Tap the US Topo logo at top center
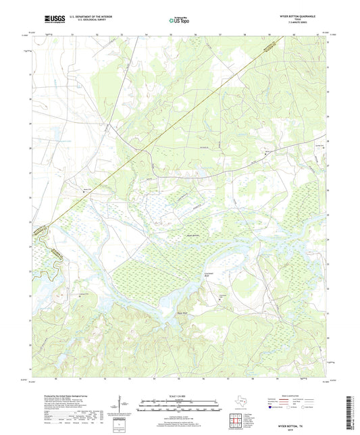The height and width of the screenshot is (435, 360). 178,20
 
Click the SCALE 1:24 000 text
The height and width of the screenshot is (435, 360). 179,396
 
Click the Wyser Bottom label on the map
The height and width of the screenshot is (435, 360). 194,234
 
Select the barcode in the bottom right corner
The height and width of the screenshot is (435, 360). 352,412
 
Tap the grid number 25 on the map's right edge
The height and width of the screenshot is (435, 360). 328,215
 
